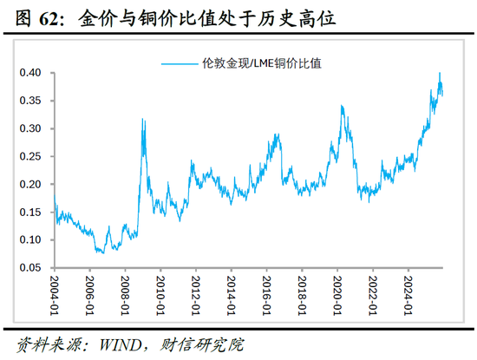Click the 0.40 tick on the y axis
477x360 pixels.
(34, 73)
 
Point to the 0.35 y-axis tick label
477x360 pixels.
(34, 101)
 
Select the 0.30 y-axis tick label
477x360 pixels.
(34, 128)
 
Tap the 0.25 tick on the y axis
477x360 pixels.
(34, 156)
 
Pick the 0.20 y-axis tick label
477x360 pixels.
(34, 184)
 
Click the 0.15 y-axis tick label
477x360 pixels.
(34, 212)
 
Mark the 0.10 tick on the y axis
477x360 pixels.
(34, 239)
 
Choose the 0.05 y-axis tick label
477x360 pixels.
(34, 267)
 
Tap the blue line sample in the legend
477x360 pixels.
(182, 62)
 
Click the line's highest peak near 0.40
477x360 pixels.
(440, 74)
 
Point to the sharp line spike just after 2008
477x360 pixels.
(142, 120)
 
